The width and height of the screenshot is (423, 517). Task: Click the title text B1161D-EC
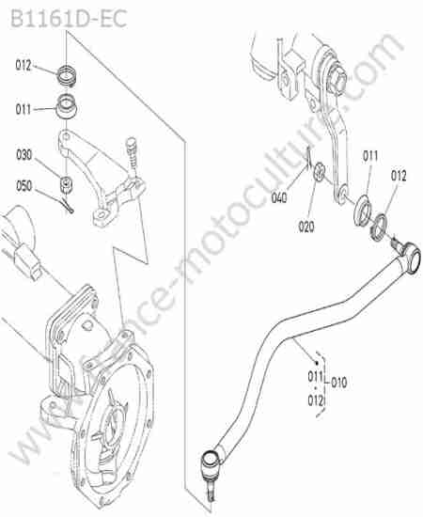69,19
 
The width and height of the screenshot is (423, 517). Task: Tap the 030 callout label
23,155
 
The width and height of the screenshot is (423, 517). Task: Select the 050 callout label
23,186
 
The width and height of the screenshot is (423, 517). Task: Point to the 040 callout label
279,197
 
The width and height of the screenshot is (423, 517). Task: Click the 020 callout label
305,227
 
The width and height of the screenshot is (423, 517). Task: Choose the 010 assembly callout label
339,383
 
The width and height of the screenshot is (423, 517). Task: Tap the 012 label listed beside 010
316,400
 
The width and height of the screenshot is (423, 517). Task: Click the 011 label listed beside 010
316,376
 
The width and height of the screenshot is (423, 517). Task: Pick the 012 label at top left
23,65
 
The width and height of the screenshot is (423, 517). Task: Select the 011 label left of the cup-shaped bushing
23,109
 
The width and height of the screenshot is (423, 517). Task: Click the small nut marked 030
66,184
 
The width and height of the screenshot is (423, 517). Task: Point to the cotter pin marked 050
69,206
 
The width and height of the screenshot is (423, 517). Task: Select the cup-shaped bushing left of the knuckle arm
68,106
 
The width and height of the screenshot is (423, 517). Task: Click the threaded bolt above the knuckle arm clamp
133,155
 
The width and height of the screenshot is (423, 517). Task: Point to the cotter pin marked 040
308,158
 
